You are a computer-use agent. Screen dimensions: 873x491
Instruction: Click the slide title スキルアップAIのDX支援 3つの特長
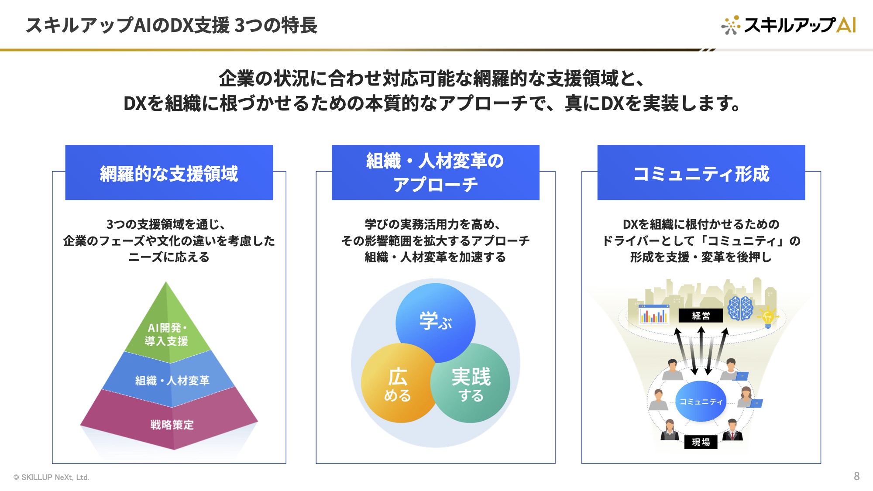172,25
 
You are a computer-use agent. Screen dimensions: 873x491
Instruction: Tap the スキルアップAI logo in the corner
788,25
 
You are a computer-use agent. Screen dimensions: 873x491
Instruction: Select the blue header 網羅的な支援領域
169,172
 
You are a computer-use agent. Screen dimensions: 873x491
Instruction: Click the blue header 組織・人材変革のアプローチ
435,172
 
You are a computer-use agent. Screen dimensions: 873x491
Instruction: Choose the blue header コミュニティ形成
701,172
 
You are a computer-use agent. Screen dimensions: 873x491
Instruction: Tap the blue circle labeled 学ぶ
435,323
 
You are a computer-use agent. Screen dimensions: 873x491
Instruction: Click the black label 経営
701,316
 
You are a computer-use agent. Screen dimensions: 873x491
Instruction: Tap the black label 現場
701,442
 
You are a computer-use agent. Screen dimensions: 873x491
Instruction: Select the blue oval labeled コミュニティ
701,402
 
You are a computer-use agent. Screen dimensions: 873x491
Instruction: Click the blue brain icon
740,308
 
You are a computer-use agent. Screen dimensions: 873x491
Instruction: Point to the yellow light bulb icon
768,316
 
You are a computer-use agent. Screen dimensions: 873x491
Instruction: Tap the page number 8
856,476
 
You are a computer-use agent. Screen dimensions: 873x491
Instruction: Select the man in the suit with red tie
732,430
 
